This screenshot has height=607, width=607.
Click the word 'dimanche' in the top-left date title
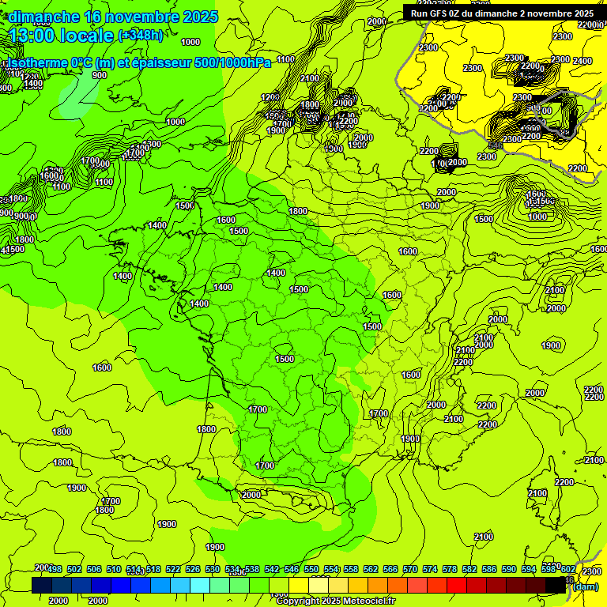43,17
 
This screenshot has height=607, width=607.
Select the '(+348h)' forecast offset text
141,36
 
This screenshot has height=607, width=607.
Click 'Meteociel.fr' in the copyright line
368,601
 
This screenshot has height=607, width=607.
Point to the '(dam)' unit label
585,586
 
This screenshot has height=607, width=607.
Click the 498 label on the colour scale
55,569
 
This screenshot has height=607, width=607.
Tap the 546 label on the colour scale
292,569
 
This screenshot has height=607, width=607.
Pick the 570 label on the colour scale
410,569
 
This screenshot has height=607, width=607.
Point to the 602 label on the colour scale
568,569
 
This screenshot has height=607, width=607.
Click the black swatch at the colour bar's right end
556,586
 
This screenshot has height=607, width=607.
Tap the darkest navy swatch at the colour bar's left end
41,586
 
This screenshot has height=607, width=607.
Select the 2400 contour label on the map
582,61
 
